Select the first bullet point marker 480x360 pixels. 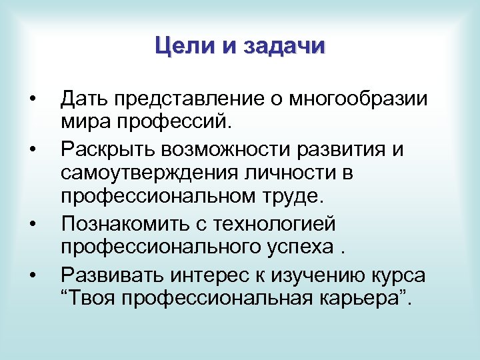click(x=32, y=100)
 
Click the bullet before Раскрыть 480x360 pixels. click(x=32, y=149)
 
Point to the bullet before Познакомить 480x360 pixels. click(x=32, y=223)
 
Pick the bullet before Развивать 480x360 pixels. click(x=32, y=273)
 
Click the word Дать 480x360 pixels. click(x=85, y=100)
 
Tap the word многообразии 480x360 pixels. click(x=358, y=100)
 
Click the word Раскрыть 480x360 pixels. click(x=107, y=149)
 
